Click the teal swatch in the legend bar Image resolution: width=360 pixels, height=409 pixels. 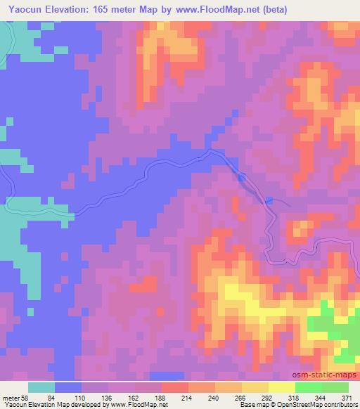pos(41,388)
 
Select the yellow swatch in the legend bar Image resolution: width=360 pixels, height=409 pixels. pos(281,388)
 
